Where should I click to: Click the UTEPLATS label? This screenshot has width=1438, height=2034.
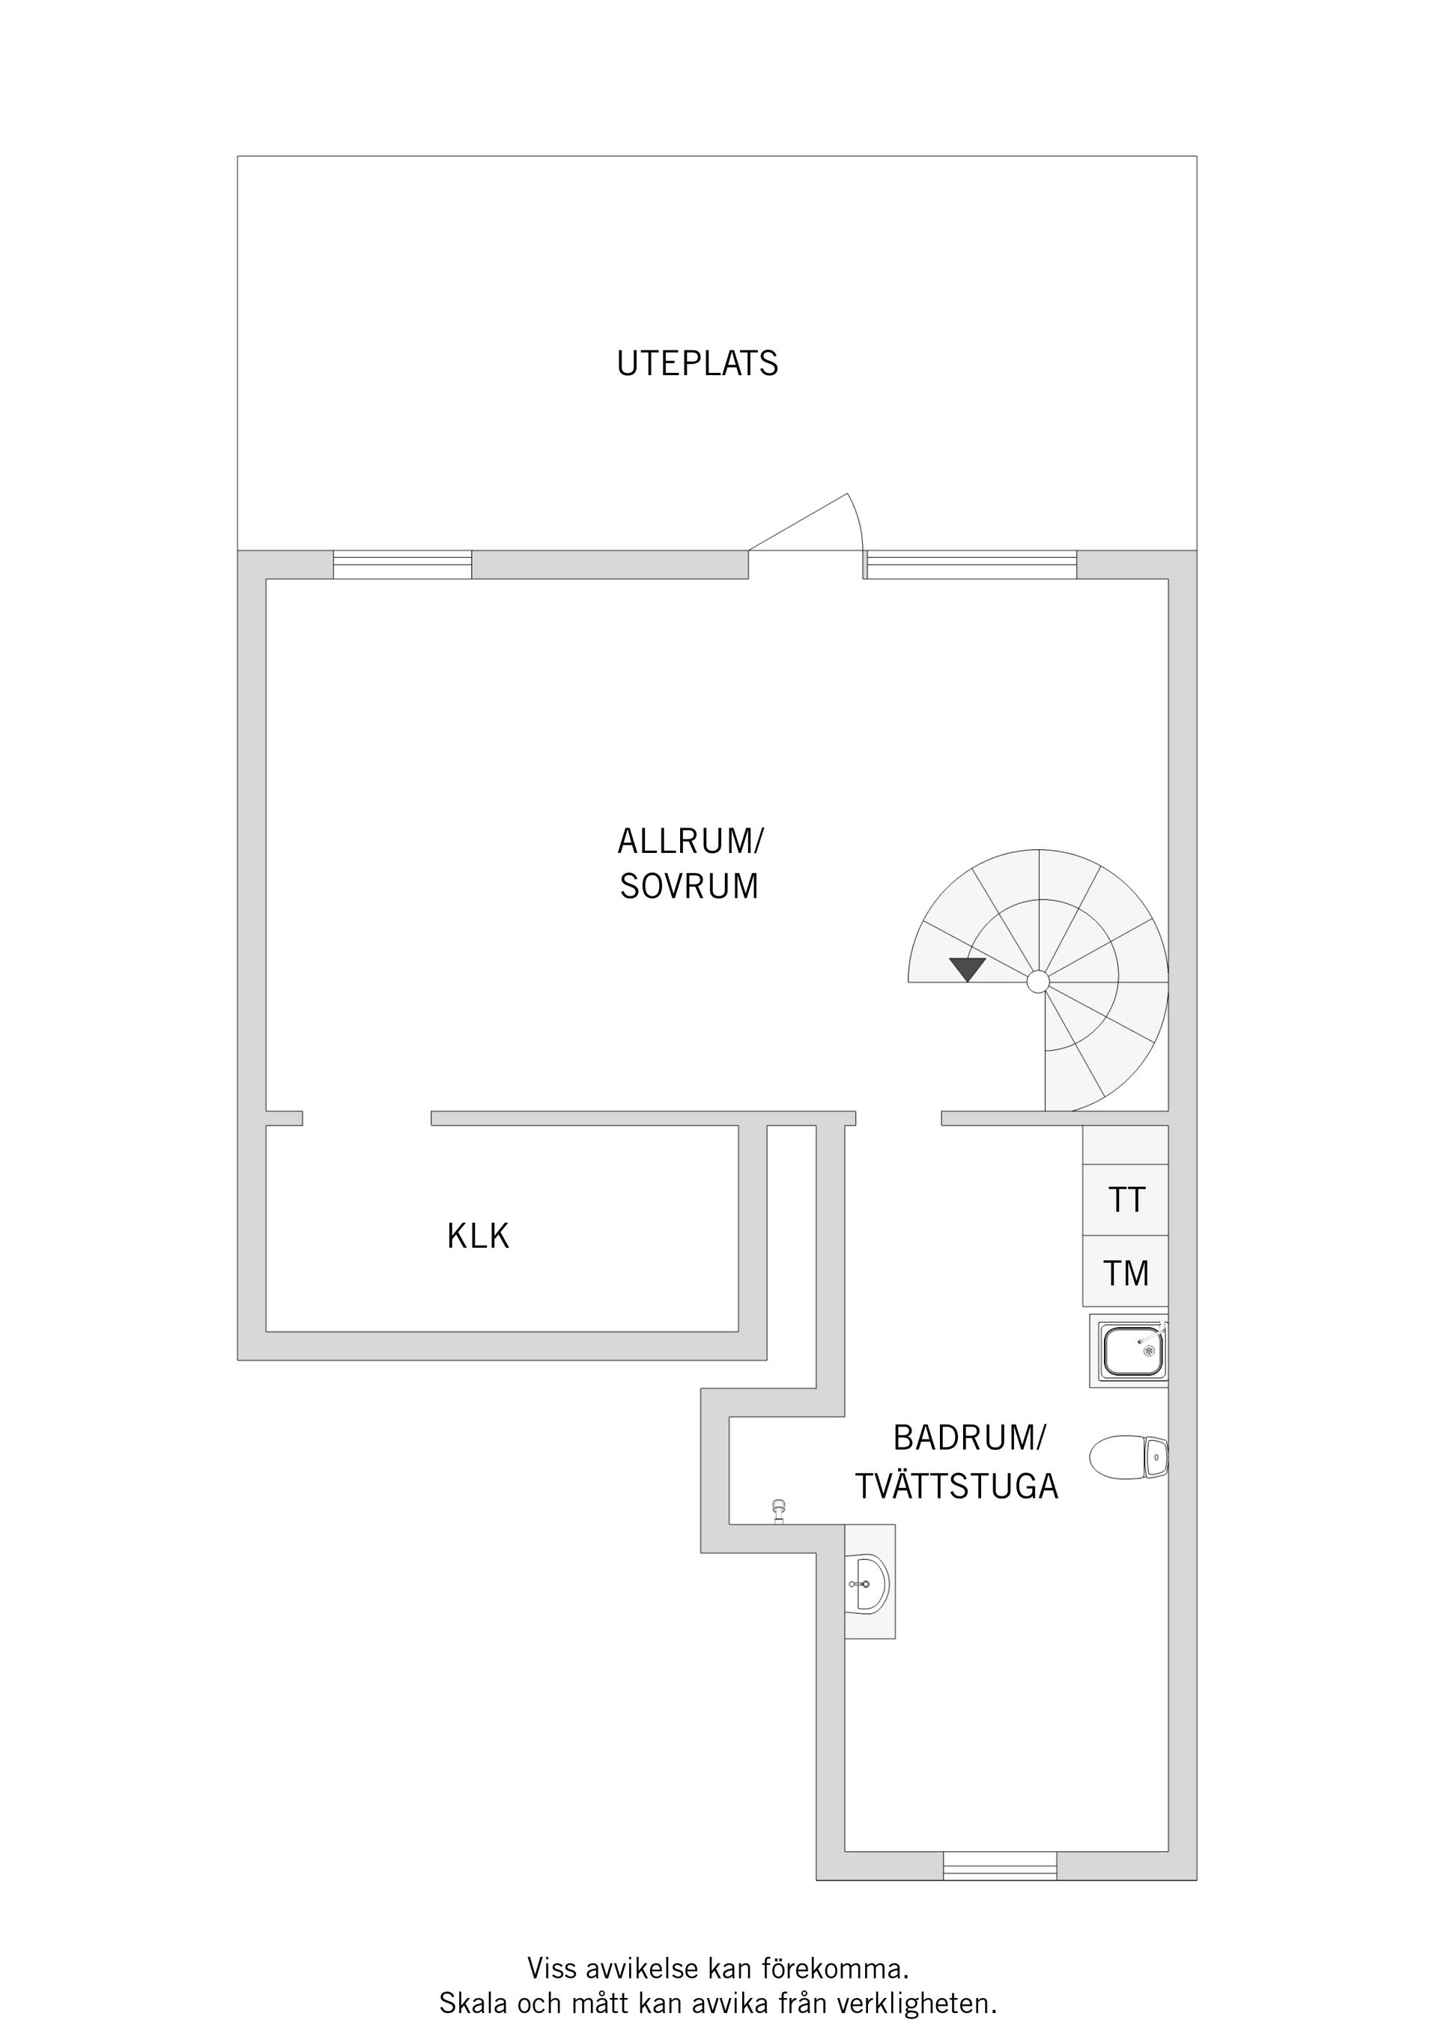tap(697, 364)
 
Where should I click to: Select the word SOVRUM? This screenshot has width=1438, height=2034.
tap(689, 887)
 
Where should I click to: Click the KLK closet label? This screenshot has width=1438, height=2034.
tap(479, 1236)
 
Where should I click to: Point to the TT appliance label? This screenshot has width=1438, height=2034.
tap(1126, 1200)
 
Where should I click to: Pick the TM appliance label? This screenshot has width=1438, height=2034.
tap(1126, 1274)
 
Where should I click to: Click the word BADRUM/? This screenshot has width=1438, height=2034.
tap(969, 1438)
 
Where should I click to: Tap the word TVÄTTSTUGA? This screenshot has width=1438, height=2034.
tap(957, 1487)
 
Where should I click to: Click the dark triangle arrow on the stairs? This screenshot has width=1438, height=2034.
tap(967, 969)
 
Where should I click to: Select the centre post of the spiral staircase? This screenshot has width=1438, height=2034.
tap(1037, 982)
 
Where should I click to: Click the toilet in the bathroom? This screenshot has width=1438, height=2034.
tap(1129, 1457)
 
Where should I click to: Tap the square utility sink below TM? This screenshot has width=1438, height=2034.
tap(1132, 1352)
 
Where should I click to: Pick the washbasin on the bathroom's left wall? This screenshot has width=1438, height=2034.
tap(868, 1583)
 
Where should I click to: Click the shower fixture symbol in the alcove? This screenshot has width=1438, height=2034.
tap(779, 1511)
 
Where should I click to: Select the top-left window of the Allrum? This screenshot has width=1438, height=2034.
tap(402, 565)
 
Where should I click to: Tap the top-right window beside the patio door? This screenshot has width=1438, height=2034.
tap(971, 565)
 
